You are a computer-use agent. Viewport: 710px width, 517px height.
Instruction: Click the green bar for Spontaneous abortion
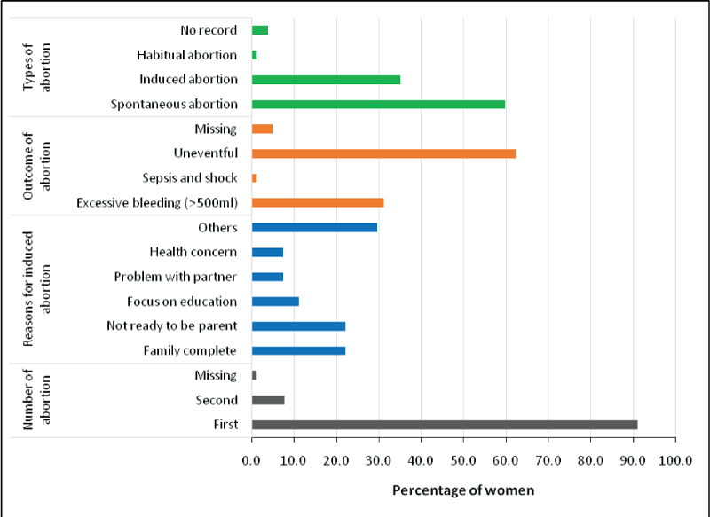click(x=378, y=104)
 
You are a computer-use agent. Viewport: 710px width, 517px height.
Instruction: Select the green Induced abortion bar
click(x=326, y=79)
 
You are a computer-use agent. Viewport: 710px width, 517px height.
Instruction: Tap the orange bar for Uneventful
click(x=383, y=153)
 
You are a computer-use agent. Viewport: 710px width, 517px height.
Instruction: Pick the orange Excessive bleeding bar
click(x=318, y=202)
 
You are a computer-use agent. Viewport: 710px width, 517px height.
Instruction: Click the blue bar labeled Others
click(x=314, y=227)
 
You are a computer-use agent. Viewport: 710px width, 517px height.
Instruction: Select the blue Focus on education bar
click(x=275, y=301)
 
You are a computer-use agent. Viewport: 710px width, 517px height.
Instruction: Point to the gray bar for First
click(x=445, y=425)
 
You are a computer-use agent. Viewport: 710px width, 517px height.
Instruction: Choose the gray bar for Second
click(x=268, y=400)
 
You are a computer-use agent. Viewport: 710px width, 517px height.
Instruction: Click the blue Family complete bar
click(x=298, y=350)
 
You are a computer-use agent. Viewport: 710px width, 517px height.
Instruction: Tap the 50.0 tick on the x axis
click(x=463, y=460)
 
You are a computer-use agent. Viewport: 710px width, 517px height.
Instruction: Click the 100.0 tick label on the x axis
click(x=674, y=460)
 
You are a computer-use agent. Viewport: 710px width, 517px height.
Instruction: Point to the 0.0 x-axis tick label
click(x=252, y=460)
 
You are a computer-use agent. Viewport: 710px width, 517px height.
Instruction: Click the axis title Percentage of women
click(x=463, y=490)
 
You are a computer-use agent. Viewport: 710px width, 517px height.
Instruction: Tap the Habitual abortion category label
click(x=187, y=55)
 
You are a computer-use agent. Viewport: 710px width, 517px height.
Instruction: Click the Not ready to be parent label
click(x=172, y=325)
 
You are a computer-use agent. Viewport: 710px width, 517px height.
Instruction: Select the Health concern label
click(x=193, y=252)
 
